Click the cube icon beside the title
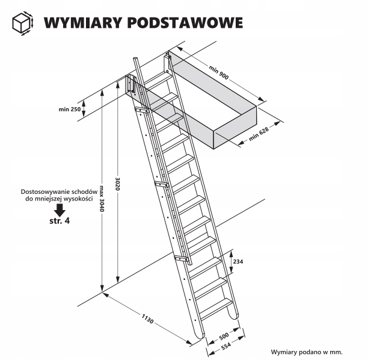pyautogui.click(x=22, y=23)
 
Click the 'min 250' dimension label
pyautogui.click(x=69, y=109)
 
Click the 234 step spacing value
pyautogui.click(x=238, y=261)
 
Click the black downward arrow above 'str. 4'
pyautogui.click(x=59, y=210)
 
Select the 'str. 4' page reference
pyautogui.click(x=59, y=222)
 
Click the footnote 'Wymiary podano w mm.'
pyautogui.click(x=307, y=351)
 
